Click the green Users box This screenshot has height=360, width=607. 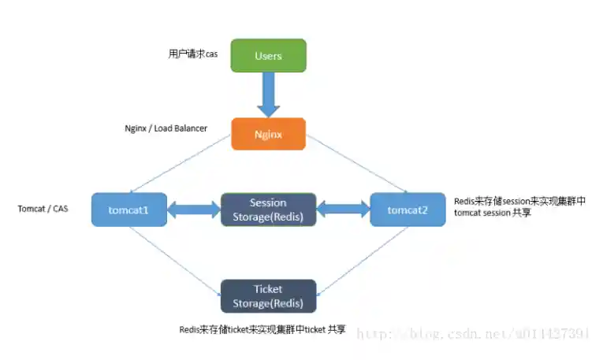click(268, 55)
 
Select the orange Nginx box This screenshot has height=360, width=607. click(268, 134)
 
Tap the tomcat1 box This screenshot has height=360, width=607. click(129, 210)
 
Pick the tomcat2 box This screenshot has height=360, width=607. click(408, 210)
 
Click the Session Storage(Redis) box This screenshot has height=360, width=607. click(268, 210)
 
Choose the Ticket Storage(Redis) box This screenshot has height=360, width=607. click(268, 296)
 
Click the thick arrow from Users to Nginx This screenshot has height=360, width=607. click(268, 95)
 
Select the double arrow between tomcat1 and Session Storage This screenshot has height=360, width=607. click(194, 210)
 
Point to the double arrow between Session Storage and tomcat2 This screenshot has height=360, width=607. click(344, 210)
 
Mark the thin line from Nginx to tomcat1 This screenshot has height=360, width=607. click(181, 164)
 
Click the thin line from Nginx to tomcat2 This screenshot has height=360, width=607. click(356, 164)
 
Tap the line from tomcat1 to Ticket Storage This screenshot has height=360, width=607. click(175, 261)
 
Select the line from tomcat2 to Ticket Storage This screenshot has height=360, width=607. click(363, 261)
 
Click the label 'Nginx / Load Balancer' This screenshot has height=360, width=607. click(166, 128)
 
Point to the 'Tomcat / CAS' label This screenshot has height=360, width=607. click(43, 209)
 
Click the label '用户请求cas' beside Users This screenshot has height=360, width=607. click(193, 54)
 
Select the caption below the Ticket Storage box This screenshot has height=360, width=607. click(262, 329)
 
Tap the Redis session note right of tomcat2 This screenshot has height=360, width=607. click(519, 207)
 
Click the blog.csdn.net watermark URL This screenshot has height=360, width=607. click(473, 333)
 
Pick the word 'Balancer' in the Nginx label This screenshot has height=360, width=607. click(192, 128)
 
